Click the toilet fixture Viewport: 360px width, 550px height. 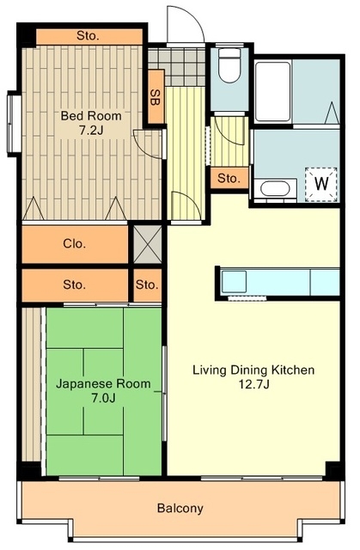coord(229,65)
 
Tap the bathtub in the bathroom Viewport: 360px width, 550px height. coord(272,92)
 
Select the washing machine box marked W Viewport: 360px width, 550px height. coord(321,184)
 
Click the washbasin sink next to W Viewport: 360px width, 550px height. coord(275,189)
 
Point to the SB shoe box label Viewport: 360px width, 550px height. coord(155,97)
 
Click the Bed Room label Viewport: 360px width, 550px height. coord(91,115)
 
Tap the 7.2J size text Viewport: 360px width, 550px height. coord(91,131)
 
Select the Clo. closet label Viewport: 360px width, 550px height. coord(74,243)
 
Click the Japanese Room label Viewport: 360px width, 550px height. coord(103,384)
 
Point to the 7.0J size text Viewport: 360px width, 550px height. coord(103,399)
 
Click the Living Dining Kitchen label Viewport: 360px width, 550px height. coord(253,370)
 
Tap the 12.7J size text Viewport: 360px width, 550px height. coord(253,385)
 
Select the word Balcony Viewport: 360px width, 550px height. coord(180,508)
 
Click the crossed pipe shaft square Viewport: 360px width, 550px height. coord(148,244)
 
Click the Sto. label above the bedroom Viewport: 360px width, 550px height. coord(88,36)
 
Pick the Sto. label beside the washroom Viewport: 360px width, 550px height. coord(229,179)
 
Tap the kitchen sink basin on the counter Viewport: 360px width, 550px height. coord(235,281)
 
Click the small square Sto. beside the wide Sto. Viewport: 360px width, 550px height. coord(147,284)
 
